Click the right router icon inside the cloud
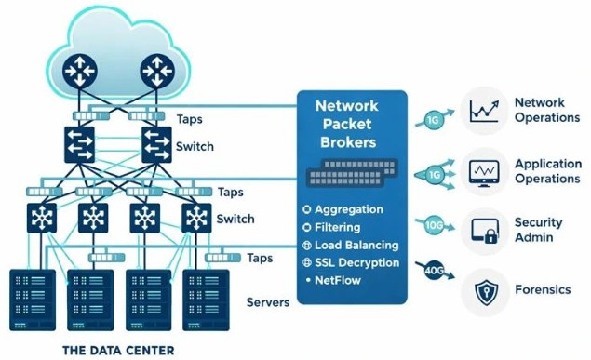pos(159,73)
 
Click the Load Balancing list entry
pos(356,245)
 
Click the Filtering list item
pos(343,227)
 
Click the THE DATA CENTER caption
pos(117,351)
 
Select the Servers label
pos(267,302)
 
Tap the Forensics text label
pos(543,289)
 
